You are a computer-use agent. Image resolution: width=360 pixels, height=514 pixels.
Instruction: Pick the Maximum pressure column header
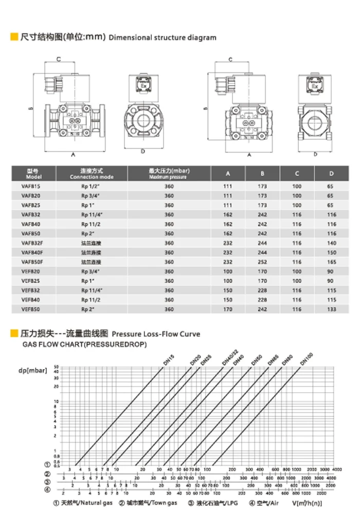167,174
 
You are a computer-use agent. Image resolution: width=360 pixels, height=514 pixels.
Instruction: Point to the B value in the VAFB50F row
262,262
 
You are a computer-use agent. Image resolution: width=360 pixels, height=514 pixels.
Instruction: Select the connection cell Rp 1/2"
91,186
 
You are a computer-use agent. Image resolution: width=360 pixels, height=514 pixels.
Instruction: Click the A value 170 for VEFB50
228,309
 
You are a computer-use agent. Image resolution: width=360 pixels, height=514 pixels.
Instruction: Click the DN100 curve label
307,359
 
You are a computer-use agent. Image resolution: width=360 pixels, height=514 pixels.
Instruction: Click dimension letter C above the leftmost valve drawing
59,60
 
